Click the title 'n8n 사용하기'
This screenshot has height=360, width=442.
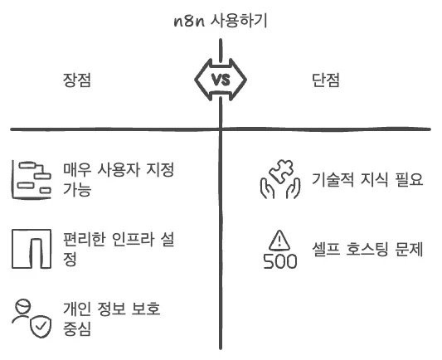(221, 21)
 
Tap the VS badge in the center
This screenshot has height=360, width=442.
(221, 80)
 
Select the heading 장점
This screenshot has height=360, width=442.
(76, 80)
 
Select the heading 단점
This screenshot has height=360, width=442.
(326, 80)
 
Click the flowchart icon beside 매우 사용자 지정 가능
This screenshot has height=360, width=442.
(32, 180)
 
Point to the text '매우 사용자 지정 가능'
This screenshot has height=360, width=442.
(119, 179)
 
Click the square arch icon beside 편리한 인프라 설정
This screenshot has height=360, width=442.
(32, 249)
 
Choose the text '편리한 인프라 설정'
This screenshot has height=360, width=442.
(119, 249)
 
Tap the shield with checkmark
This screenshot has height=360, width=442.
(41, 327)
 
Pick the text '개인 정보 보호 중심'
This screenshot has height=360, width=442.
(112, 319)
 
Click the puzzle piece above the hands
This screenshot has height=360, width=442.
(281, 172)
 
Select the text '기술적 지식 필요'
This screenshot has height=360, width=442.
(367, 179)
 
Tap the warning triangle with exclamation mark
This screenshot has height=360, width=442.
(279, 241)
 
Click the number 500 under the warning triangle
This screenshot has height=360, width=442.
(280, 261)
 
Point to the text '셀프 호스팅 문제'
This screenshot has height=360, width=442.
(367, 249)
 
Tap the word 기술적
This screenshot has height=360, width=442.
(333, 179)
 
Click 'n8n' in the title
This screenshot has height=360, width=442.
(189, 22)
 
